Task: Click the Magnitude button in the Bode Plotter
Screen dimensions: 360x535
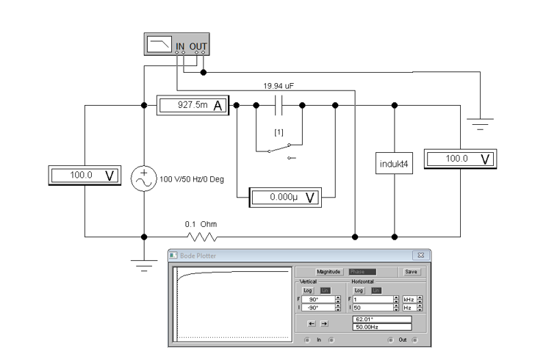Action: (331, 271)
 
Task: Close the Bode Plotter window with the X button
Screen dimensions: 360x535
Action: (423, 254)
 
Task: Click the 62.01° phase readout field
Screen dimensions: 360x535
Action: (381, 320)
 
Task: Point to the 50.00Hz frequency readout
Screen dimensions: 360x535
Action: (381, 327)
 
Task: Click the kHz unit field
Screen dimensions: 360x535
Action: (407, 300)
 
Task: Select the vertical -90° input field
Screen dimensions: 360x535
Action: (316, 308)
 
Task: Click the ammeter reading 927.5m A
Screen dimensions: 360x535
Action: (194, 106)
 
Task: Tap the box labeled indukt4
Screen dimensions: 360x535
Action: (395, 162)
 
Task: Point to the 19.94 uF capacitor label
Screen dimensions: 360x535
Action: (279, 85)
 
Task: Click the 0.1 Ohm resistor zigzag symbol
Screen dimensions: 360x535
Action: (201, 237)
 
